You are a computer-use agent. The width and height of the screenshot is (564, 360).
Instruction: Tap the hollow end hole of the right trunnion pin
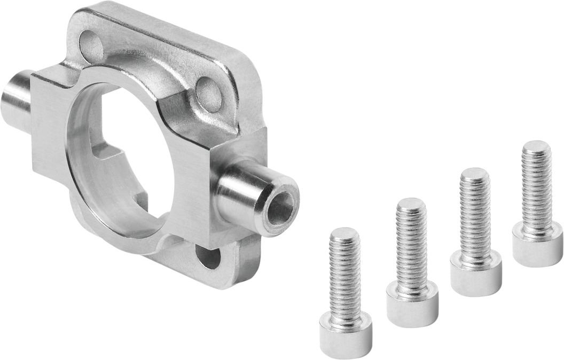pos(280,208)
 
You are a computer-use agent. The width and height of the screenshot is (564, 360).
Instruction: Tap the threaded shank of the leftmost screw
pos(344,278)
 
